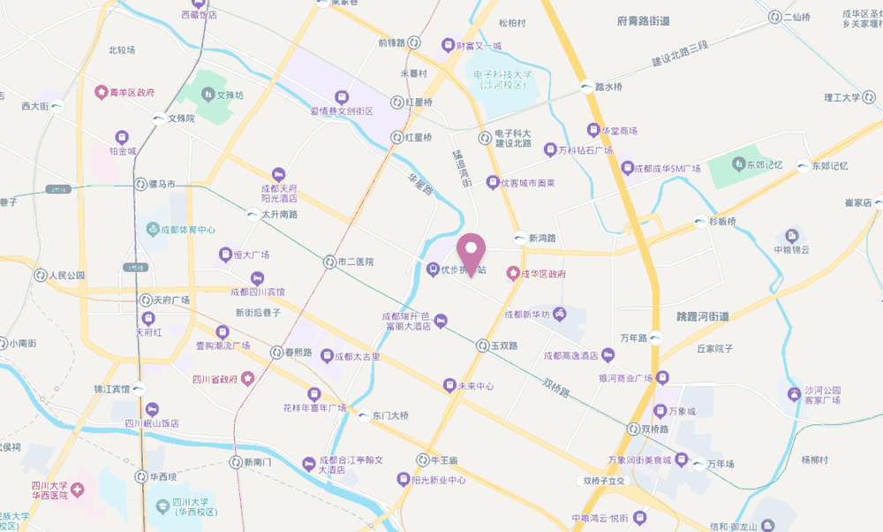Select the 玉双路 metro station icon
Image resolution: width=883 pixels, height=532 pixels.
(x=483, y=346)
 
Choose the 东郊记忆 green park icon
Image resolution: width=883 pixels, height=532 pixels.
(x=737, y=164)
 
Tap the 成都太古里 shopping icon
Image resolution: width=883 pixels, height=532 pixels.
(x=327, y=356)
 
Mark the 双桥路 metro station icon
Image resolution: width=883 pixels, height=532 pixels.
(x=634, y=429)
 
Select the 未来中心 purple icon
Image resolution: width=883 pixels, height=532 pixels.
(x=449, y=385)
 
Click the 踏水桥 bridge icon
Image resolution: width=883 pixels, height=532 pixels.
(x=586, y=87)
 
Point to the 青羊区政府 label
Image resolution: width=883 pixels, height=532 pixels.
(x=132, y=91)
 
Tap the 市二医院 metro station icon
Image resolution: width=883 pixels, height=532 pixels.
(x=329, y=262)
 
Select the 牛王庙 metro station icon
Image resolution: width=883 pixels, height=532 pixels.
(x=423, y=460)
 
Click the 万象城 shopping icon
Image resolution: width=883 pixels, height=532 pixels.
(x=660, y=411)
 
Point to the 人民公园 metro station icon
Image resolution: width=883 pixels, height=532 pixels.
(x=40, y=275)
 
